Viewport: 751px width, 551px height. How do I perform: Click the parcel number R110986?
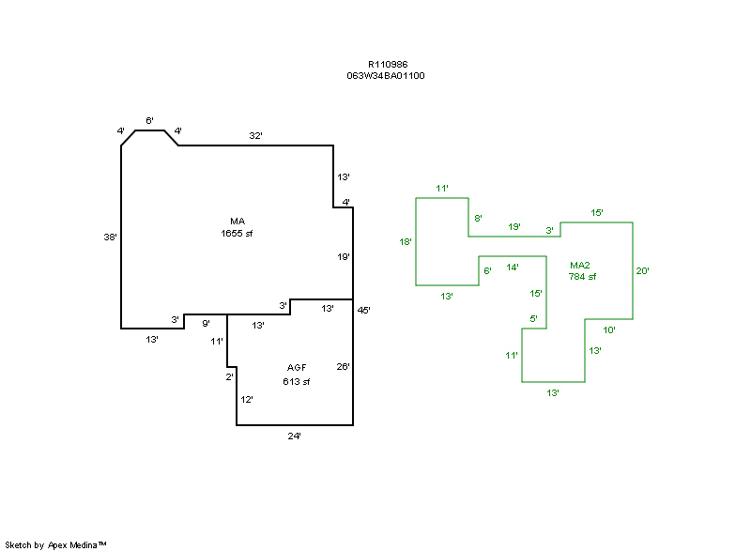387,65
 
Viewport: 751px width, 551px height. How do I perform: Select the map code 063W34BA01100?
386,76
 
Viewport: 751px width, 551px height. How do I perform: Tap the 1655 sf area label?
237,233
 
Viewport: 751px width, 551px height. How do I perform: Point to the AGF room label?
297,367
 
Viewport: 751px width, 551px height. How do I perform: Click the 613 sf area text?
297,382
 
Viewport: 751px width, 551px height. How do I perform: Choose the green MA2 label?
579,265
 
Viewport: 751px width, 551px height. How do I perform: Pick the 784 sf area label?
582,276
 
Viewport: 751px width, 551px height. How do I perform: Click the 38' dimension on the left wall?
111,237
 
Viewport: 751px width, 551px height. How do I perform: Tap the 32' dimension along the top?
255,136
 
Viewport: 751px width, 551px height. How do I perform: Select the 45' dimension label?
364,310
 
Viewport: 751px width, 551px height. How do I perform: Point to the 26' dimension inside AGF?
344,367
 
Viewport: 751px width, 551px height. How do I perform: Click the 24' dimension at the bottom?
295,436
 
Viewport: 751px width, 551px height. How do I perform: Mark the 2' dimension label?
229,376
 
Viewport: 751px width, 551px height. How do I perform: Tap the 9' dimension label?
206,324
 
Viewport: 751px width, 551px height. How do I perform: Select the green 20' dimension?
643,271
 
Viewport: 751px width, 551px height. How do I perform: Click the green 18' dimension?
406,242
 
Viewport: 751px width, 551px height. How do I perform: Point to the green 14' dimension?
513,268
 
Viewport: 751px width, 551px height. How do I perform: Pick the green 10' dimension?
609,329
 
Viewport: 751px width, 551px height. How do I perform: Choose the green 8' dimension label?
478,219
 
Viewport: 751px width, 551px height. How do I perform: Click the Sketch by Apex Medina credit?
55,544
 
